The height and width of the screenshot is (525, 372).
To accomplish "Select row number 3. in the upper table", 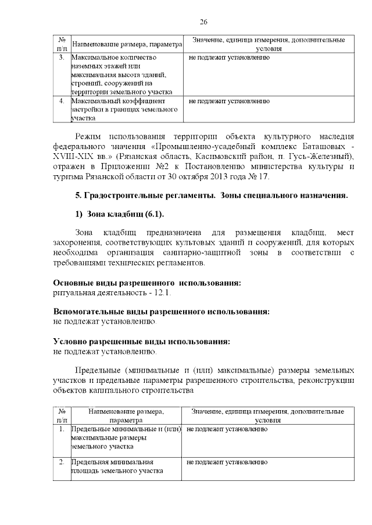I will pos(62,58).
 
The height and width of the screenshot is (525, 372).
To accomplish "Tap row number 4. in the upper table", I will pos(62,101).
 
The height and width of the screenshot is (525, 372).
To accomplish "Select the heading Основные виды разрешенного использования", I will pos(146,283).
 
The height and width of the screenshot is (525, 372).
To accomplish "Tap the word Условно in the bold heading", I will pos(68,341).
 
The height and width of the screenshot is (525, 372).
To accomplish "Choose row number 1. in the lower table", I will pos(62,429).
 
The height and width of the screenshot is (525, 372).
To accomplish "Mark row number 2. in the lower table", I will pos(62,462).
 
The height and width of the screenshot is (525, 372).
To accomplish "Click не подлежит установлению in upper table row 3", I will pos(229,58).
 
